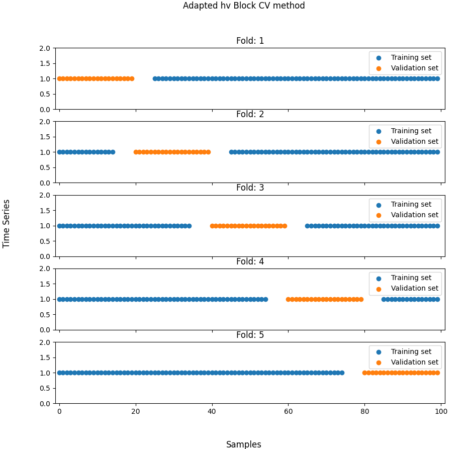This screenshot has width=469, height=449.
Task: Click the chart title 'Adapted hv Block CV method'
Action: click(x=244, y=6)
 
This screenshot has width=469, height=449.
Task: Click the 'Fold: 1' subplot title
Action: click(x=250, y=41)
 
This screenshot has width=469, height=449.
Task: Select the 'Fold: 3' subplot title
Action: click(x=250, y=188)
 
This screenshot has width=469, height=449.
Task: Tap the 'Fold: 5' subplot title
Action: click(x=250, y=335)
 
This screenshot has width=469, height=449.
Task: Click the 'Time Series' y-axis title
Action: click(x=7, y=223)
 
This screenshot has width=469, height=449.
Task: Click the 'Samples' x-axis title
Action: click(x=244, y=444)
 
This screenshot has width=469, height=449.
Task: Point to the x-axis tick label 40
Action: click(x=212, y=411)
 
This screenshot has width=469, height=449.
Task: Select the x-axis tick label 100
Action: click(x=441, y=411)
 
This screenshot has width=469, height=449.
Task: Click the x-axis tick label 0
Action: click(x=59, y=411)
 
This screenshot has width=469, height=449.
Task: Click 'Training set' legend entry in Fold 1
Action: click(x=411, y=57)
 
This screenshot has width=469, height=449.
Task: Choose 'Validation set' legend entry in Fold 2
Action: click(x=414, y=141)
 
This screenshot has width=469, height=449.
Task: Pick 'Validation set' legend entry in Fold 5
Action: click(x=414, y=362)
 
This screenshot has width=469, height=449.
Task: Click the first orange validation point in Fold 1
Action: click(x=59, y=78)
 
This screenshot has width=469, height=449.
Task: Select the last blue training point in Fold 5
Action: click(x=342, y=373)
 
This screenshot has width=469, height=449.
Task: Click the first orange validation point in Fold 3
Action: click(x=212, y=226)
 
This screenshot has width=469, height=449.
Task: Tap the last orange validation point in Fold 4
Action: click(x=361, y=299)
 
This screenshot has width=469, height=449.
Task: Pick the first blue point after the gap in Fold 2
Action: click(x=231, y=152)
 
